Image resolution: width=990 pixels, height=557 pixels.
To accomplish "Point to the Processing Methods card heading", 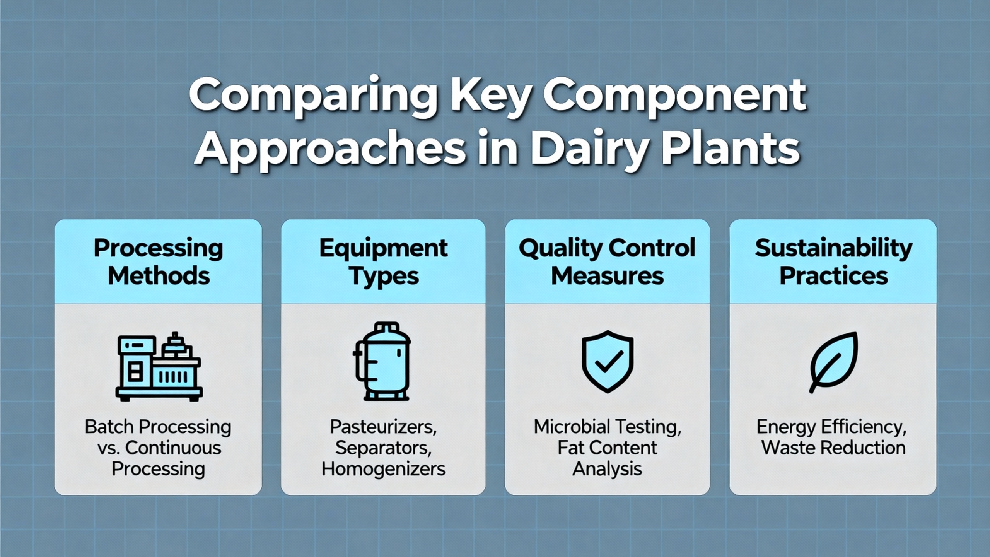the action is click(158, 262).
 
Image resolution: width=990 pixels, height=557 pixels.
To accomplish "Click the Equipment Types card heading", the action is click(383, 263).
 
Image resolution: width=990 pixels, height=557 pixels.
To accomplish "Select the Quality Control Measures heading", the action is click(607, 262).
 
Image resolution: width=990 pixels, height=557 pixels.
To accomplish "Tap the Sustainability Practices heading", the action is click(833, 262).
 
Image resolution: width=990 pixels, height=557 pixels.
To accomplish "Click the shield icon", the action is click(608, 361).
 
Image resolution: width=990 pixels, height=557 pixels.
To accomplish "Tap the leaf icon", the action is click(833, 362).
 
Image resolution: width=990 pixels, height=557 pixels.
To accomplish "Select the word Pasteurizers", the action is click(383, 427).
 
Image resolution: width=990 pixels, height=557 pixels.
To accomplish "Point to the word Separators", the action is click(383, 448).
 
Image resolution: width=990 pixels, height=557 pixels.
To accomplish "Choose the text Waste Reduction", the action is click(833, 448).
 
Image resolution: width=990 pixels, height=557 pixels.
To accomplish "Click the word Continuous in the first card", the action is click(173, 448).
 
